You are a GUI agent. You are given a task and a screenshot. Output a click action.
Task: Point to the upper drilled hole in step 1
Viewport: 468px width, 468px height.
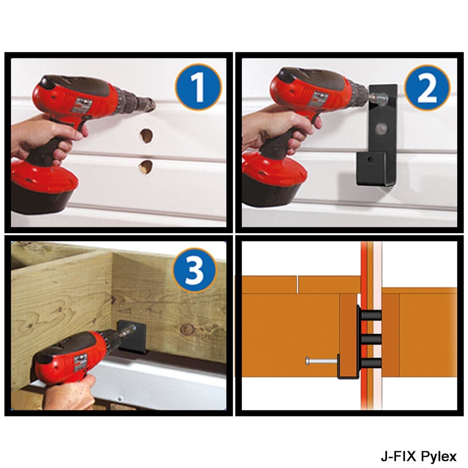coord(146,136)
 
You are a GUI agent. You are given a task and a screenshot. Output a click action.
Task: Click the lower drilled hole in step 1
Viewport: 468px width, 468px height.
coord(146,166)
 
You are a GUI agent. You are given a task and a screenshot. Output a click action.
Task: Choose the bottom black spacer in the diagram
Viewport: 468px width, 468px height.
coord(371,362)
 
